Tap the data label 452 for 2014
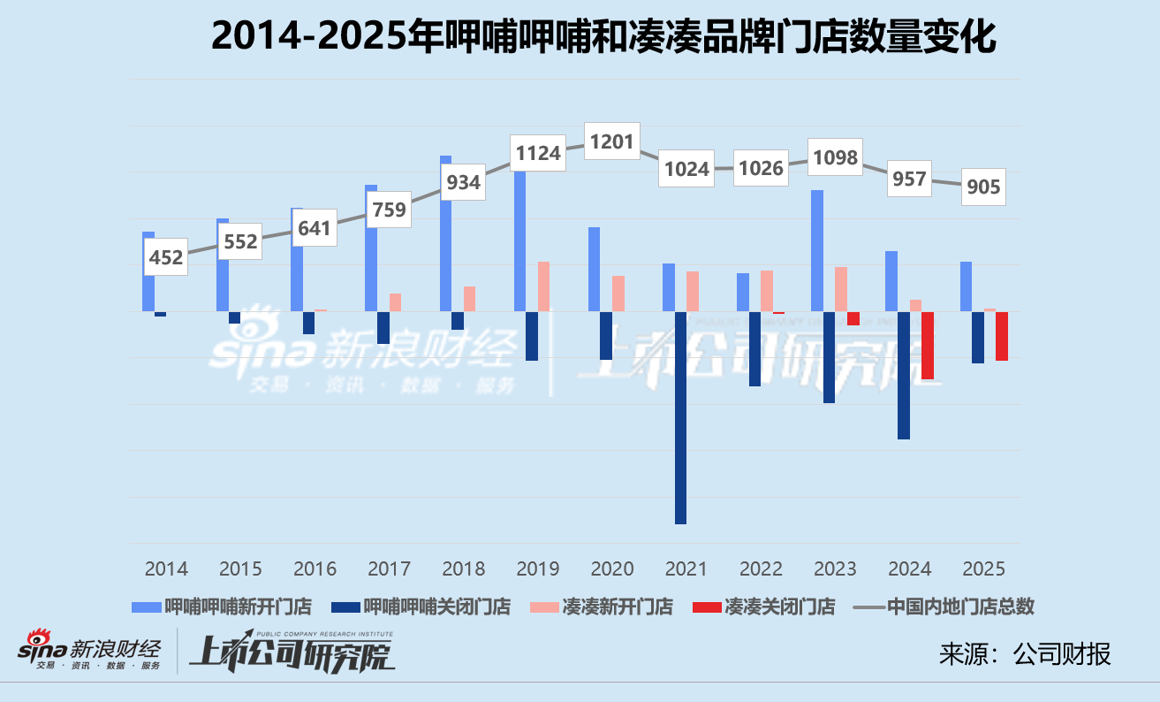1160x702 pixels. pos(166,257)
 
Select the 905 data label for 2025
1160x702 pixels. pos(983,187)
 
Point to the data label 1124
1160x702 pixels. pos(538,153)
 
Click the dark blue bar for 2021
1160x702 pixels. pos(680,417)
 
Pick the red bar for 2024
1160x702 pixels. pos(928,346)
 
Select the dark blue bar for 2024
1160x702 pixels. pos(904,376)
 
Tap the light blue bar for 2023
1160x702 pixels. pos(817,250)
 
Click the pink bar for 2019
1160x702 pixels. pos(543,286)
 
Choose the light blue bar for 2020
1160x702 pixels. pos(594,269)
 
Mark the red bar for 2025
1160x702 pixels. pos(1002,336)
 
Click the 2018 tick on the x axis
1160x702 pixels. pos(463,568)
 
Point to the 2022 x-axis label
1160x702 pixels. pos(761,568)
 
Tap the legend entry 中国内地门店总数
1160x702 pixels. pos(945,607)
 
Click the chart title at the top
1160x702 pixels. pos(604,37)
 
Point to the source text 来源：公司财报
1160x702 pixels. pos(1025,654)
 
